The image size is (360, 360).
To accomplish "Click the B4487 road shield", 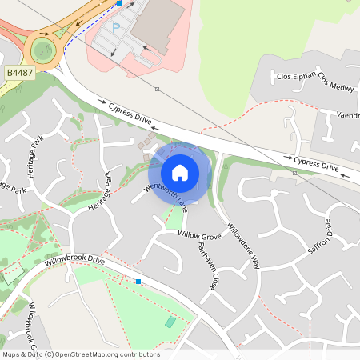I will [19, 73].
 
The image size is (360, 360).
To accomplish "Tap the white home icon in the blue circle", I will [180, 173].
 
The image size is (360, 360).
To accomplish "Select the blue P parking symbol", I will [116, 28].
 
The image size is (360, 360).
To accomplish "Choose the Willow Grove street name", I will [199, 237].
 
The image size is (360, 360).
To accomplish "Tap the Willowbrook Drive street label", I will [75, 261].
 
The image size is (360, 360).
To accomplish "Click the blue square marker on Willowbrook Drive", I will [138, 282].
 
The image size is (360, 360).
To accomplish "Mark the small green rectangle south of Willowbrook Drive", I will [170, 322].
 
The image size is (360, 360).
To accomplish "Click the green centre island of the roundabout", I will [42, 50].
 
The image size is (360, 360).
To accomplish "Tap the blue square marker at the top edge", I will [119, 3].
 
